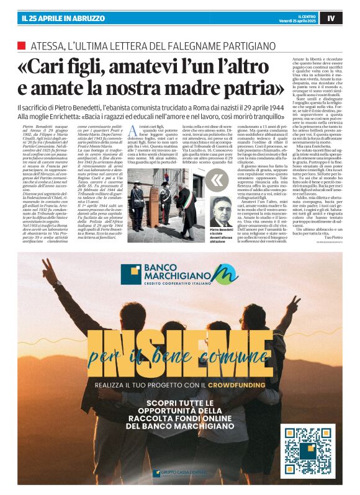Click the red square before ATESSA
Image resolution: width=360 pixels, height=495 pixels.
(x=22, y=45)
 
